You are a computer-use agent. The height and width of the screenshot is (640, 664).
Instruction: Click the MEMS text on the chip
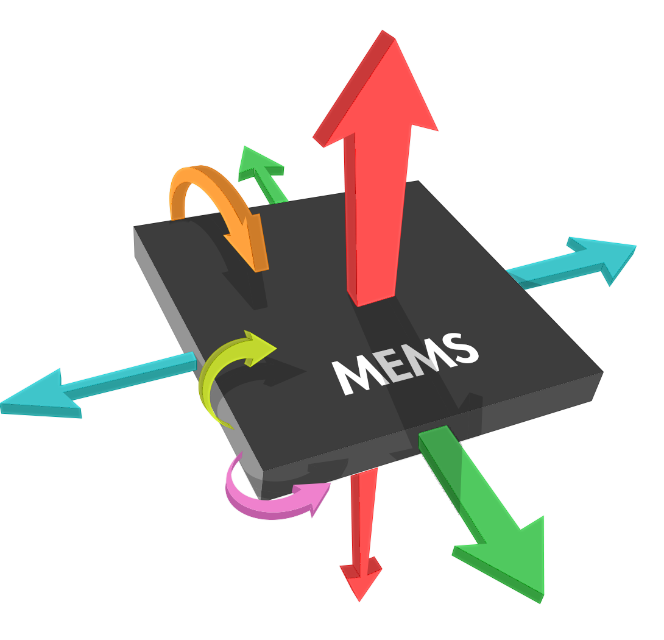click(405, 364)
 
